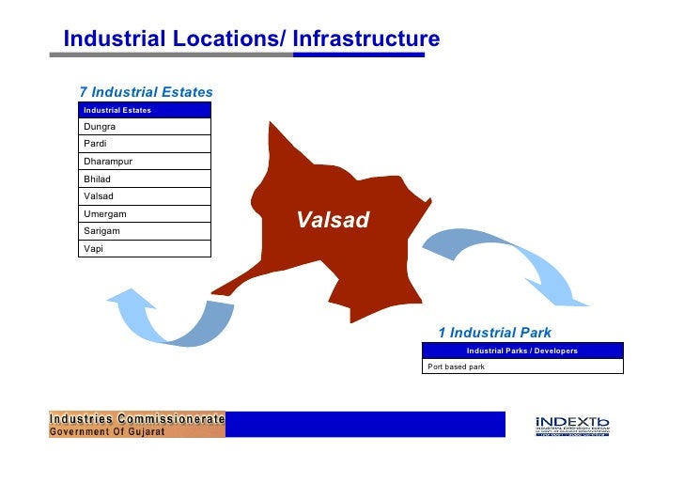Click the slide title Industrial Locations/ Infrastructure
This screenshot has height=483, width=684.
pos(251,39)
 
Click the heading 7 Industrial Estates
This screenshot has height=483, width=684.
pos(146,92)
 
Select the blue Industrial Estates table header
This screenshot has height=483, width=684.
pos(145,110)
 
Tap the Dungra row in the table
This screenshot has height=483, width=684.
pos(145,127)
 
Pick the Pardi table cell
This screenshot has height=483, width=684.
pos(145,144)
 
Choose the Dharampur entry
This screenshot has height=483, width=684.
pos(145,162)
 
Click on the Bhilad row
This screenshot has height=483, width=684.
pos(145,179)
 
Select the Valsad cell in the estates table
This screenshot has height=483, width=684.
pos(145,196)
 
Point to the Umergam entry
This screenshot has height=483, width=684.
pos(145,214)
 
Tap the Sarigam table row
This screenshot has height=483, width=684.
pos(145,230)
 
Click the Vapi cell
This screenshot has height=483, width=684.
pos(145,248)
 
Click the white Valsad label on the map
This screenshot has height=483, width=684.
pos(333,221)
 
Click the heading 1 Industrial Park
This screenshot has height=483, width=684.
pos(494,333)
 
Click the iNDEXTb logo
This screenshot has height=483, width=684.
pos(572,426)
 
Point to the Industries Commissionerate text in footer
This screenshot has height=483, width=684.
pos(137,418)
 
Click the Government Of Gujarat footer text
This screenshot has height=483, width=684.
pos(107,431)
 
